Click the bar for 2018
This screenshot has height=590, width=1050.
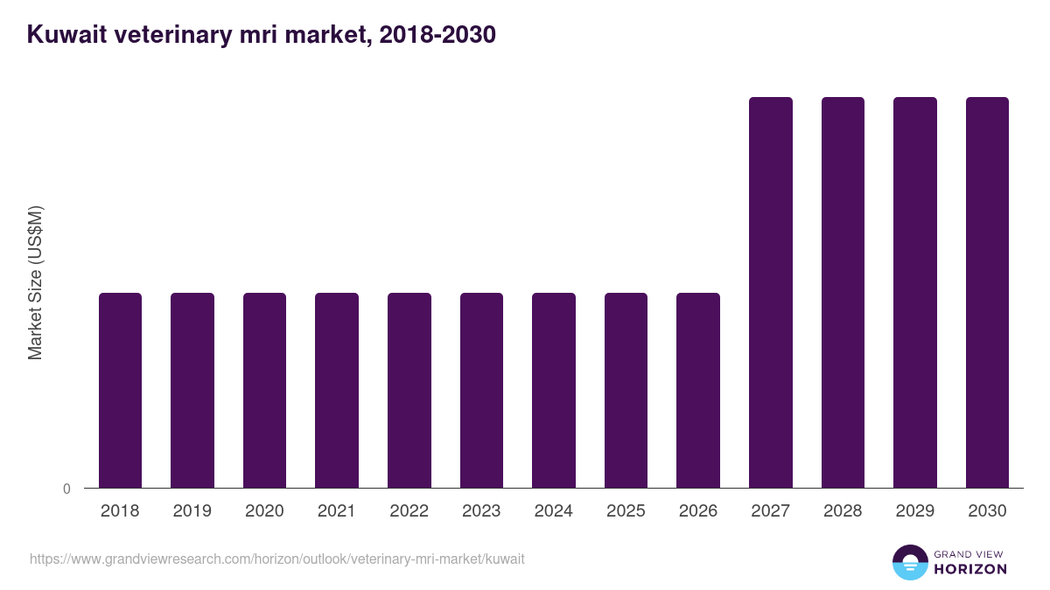pyautogui.click(x=120, y=390)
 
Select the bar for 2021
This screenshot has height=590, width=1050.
pyautogui.click(x=337, y=390)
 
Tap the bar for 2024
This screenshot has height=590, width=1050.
pyautogui.click(x=554, y=390)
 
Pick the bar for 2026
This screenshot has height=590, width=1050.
pyautogui.click(x=698, y=390)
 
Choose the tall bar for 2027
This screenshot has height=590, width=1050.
pyautogui.click(x=771, y=292)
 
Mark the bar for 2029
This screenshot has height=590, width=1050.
pyautogui.click(x=915, y=292)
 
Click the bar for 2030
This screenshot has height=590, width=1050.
pyautogui.click(x=987, y=292)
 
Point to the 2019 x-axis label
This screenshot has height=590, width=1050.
pyautogui.click(x=192, y=511)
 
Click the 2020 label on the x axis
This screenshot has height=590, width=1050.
pyautogui.click(x=264, y=511)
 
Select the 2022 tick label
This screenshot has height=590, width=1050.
pyautogui.click(x=409, y=511)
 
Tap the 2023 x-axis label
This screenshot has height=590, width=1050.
pyautogui.click(x=481, y=511)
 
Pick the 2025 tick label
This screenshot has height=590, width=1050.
pyautogui.click(x=626, y=511)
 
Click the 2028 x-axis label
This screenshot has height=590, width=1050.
pyautogui.click(x=843, y=511)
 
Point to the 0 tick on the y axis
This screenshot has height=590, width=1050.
pyautogui.click(x=66, y=489)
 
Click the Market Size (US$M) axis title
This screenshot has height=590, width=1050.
pyautogui.click(x=35, y=283)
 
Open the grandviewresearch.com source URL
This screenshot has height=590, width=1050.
pyautogui.click(x=276, y=559)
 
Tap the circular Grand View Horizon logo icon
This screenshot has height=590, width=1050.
pyautogui.click(x=910, y=562)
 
